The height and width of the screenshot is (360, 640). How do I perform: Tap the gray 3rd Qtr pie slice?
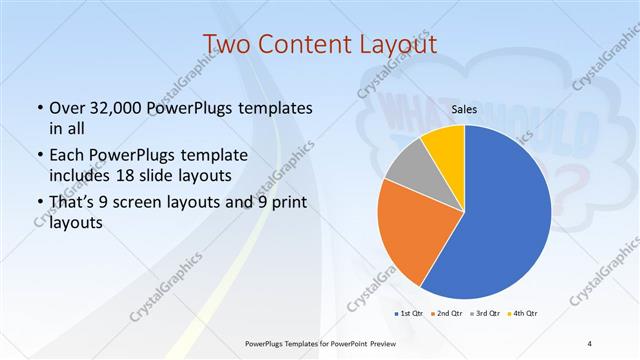(409, 169)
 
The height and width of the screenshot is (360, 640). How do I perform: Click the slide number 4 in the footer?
(590, 344)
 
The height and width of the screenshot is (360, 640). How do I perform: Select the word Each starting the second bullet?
(68, 156)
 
